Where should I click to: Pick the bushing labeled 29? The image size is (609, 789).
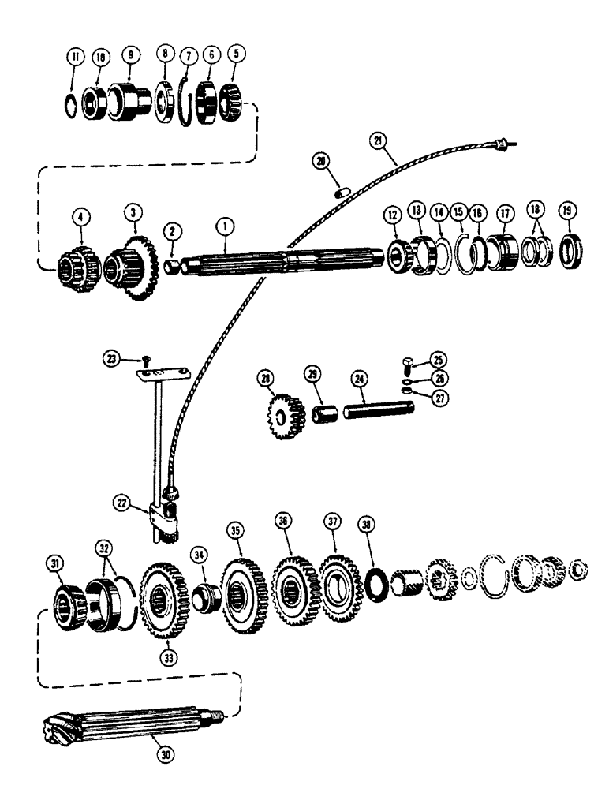tap(321, 413)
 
